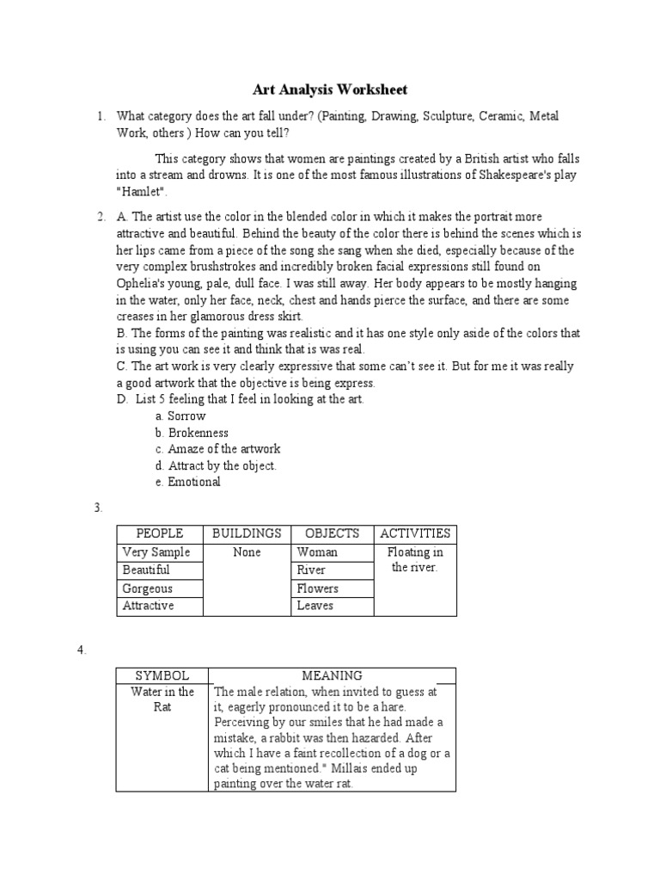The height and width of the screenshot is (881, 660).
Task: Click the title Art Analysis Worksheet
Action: tap(329, 89)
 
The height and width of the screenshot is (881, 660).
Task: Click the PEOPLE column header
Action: tap(160, 533)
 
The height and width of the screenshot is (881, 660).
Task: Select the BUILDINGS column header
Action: tap(247, 533)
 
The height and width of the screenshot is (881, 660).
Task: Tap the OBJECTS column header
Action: tap(333, 533)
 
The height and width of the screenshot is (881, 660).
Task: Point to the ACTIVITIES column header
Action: tap(415, 533)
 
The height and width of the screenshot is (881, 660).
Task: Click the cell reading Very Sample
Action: tap(156, 552)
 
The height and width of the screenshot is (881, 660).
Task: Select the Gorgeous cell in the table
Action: tap(148, 588)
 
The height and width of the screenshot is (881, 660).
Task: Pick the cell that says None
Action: tap(247, 552)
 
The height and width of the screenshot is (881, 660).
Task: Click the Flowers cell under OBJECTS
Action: tap(318, 588)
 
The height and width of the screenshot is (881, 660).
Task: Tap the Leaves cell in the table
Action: tap(315, 606)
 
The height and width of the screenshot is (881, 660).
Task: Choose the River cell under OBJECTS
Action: tap(311, 570)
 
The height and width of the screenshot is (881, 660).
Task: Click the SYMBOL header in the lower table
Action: tap(162, 675)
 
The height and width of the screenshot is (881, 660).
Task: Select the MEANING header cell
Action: tap(332, 675)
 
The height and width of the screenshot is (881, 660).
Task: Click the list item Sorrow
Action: tap(186, 416)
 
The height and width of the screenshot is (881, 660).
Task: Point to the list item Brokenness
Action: tap(198, 433)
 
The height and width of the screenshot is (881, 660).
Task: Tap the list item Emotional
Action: tap(194, 482)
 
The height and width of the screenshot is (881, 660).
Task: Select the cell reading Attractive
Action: tap(149, 606)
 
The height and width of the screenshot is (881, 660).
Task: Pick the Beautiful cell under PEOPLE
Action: tap(146, 570)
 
